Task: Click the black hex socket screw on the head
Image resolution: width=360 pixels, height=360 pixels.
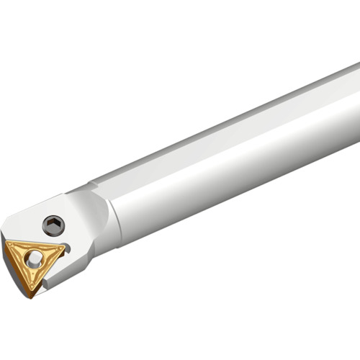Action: pos(53,225)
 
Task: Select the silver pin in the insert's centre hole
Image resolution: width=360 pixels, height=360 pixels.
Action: pos(33,258)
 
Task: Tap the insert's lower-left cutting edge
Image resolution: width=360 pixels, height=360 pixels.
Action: pos(18,269)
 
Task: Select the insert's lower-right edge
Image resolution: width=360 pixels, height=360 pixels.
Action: pos(50,272)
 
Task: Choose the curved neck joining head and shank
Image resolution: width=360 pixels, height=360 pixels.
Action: pos(104,216)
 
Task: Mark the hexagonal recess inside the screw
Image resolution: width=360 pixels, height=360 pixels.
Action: pos(53,225)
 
